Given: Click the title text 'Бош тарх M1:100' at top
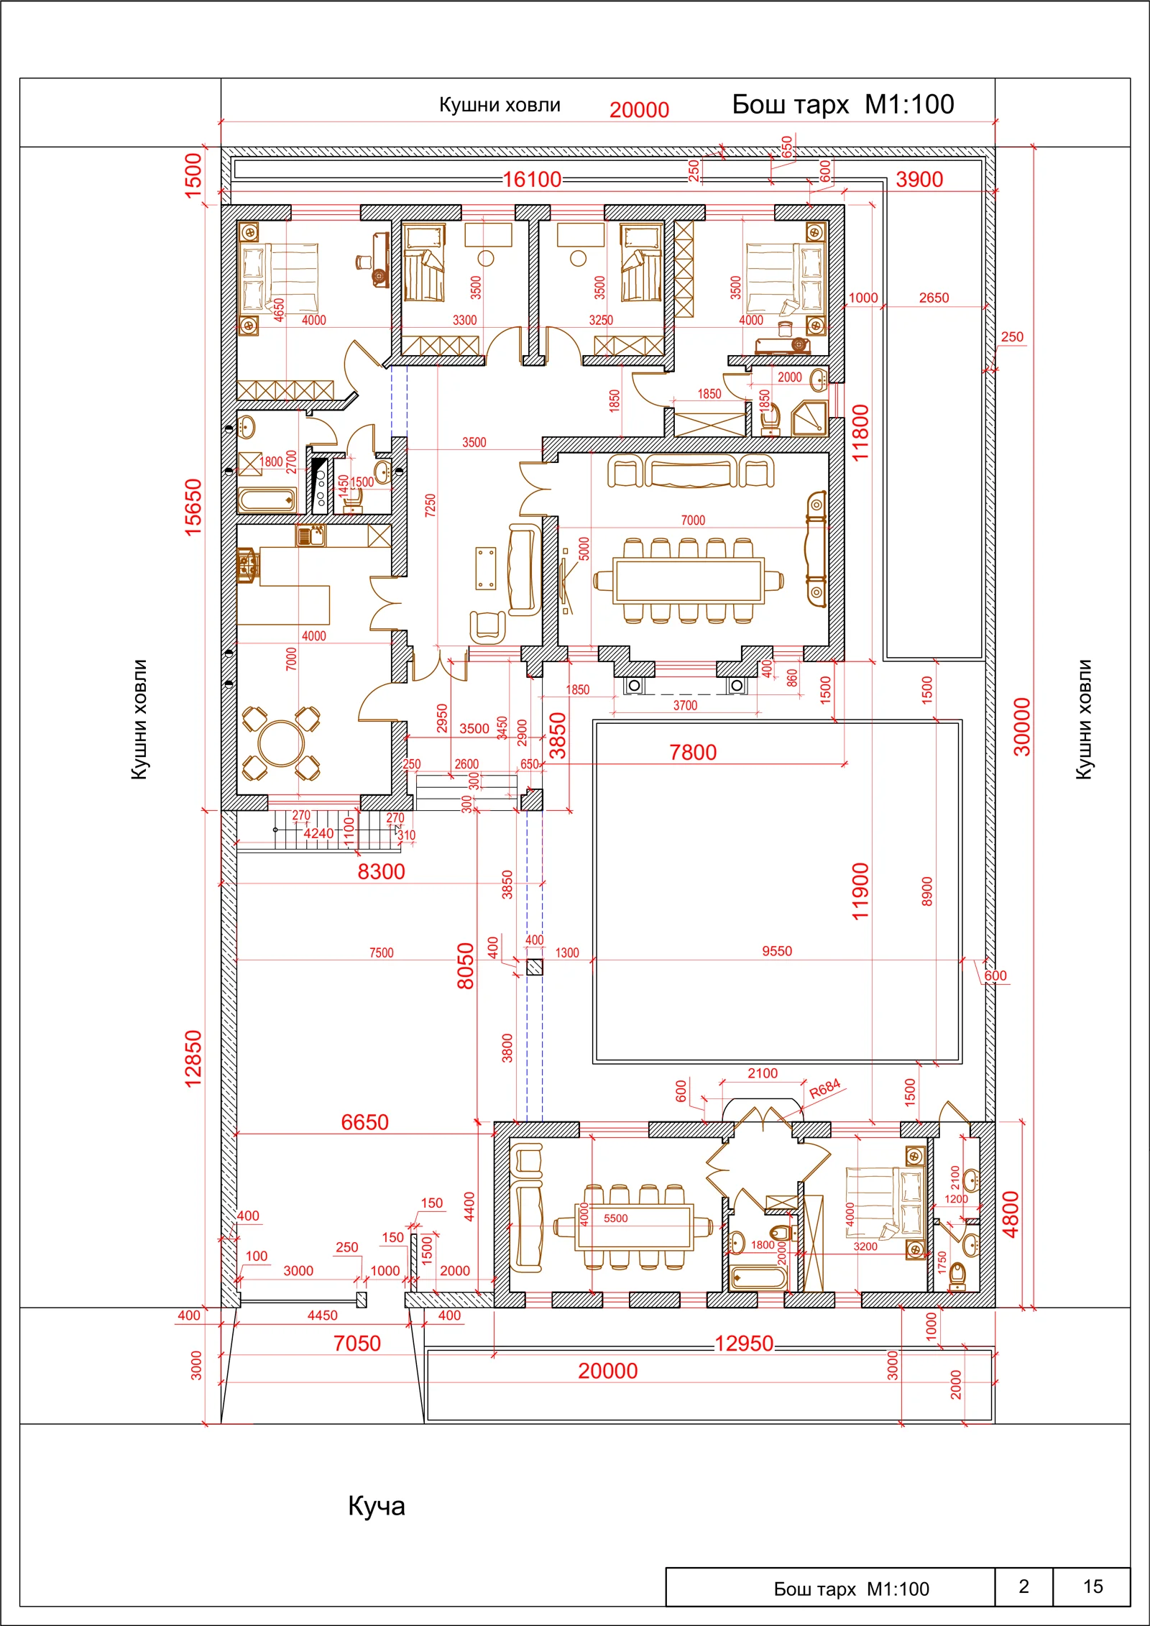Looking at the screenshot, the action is pos(843,105).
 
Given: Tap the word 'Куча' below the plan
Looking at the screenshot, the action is pos(377,1505).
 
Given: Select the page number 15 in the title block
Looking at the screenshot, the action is pos(1092,1586).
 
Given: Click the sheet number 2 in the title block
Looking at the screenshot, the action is pos(1023,1586).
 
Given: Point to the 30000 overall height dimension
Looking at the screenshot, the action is pos(1021,726).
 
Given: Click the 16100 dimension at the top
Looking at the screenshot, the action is pos(532,179).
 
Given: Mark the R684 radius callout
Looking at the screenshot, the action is pos(824,1089).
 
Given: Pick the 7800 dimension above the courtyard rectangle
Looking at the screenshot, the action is pos(693,752).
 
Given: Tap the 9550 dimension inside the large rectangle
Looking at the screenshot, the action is pos(777,951).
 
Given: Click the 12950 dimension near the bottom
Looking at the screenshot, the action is pos(744,1343).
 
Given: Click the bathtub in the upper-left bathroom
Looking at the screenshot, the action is pos(267,500).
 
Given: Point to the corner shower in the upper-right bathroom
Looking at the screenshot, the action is pos(810,419).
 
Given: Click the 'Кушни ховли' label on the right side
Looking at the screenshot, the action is pos(1084,719).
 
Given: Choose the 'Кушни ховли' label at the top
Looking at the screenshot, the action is pos(500,105).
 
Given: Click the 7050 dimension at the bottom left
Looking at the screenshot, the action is pos(356,1343).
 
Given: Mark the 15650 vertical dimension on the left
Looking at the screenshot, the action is pos(193,507).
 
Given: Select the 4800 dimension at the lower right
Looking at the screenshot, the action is pos(1011,1214).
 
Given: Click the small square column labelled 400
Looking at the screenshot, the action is pos(534,967).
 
